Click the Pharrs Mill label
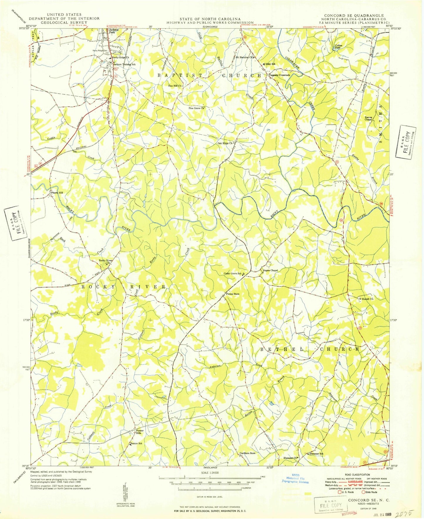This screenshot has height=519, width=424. pos(58,193)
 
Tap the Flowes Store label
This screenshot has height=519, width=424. pos(233,294)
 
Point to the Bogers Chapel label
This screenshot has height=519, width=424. pos(270,270)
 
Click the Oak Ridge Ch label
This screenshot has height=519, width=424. pos(225,143)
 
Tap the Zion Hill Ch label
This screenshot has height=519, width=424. pos(175,86)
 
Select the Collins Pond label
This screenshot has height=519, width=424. pos(339,46)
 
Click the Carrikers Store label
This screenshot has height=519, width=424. pos(247,453)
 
